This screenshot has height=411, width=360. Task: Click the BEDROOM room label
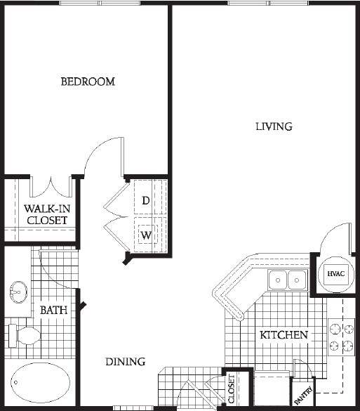tap(88, 81)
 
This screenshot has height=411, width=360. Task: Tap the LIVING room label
tap(273, 126)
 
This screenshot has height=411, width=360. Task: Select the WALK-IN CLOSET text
tap(46, 214)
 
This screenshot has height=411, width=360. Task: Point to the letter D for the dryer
tap(145, 200)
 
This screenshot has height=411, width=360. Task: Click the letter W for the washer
tap(145, 235)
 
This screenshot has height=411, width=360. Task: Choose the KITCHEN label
tap(284, 335)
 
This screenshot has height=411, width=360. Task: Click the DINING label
tap(125, 362)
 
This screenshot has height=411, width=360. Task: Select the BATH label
tap(53, 309)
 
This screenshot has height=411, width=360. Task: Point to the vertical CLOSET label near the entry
tap(232, 389)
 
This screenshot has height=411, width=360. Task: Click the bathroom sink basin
tap(19, 289)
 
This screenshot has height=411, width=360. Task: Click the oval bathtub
tap(40, 384)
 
